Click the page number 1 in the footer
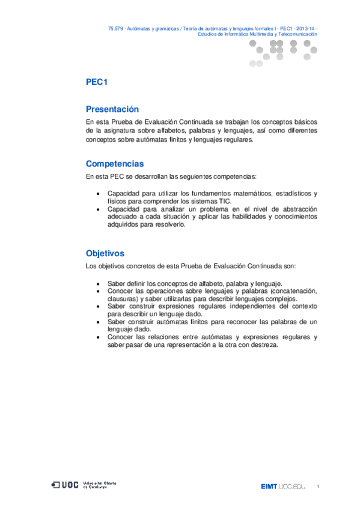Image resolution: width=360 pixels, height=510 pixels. tap(318, 486)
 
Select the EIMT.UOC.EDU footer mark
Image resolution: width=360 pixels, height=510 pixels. tap(283, 486)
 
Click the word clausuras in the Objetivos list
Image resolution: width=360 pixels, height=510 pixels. tap(123, 298)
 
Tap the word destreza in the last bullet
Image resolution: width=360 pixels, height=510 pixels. tap(264, 345)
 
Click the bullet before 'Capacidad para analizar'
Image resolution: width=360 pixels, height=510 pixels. tap(99, 209)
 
